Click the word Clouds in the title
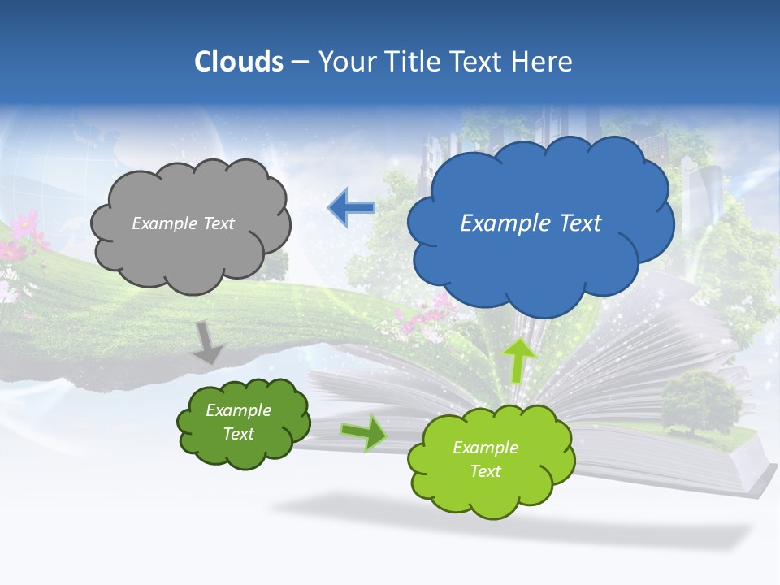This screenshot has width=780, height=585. point(239,62)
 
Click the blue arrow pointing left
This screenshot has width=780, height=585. point(351,208)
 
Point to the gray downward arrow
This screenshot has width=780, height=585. point(209,341)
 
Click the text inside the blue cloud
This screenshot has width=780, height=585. point(531,223)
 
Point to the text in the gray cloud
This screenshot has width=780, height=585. point(183,223)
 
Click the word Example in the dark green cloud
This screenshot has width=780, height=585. point(238,410)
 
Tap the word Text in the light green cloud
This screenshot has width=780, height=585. point(485,471)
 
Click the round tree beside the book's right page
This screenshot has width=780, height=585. point(700,398)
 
